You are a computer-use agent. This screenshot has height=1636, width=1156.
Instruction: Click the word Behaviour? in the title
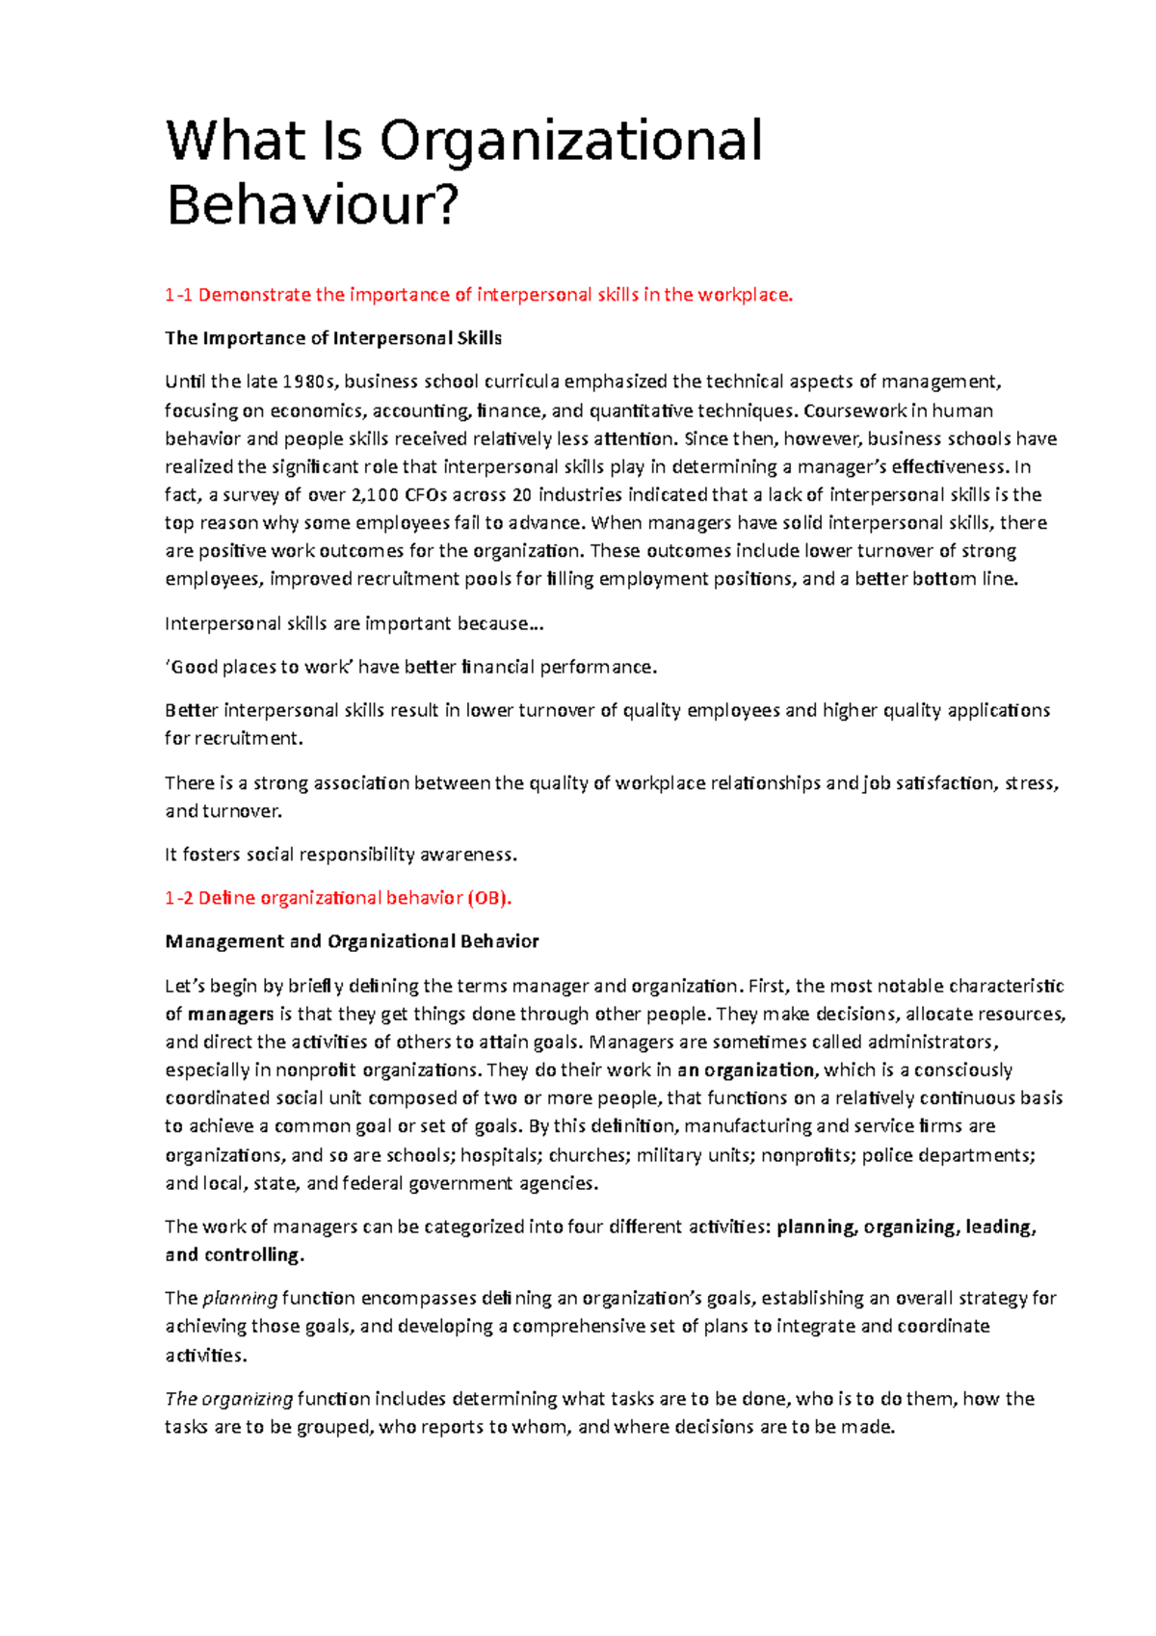point(312,205)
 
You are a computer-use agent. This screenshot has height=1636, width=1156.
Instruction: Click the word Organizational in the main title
point(570,141)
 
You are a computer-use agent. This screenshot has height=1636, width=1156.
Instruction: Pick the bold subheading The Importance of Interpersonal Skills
point(333,338)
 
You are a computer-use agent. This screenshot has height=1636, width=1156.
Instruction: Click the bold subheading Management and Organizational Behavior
point(352,941)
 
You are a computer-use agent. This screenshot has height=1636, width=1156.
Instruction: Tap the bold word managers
point(231,1014)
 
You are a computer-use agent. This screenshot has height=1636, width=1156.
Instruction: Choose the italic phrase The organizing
point(229,1398)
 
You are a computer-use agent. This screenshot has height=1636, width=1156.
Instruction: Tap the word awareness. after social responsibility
point(468,854)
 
